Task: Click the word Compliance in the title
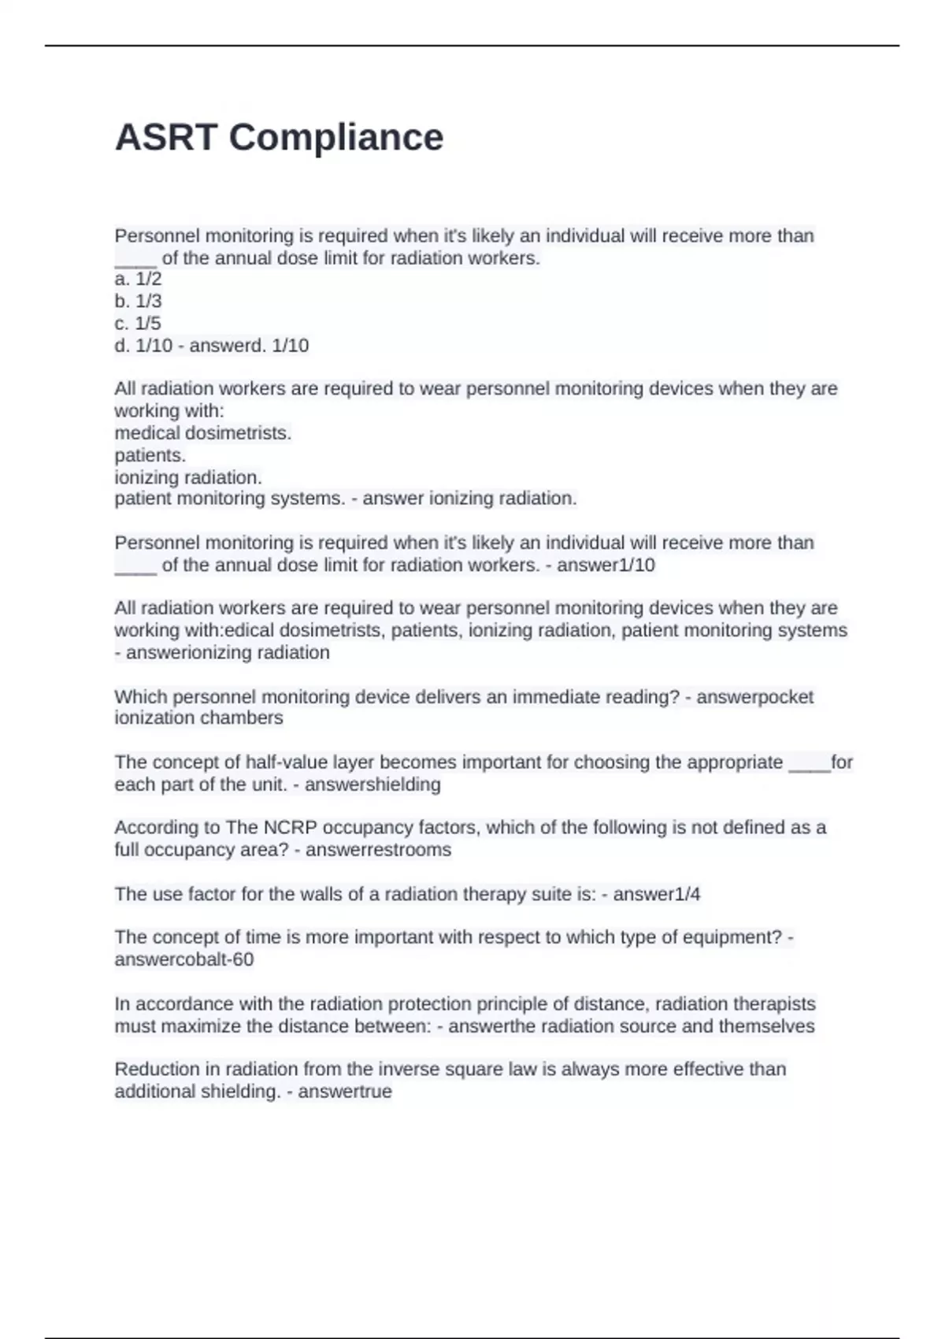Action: tap(336, 138)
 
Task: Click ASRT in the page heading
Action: tap(166, 138)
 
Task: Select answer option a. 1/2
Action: tap(138, 279)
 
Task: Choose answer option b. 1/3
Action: tap(138, 301)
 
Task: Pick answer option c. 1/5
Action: tap(138, 323)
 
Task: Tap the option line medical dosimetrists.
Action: tap(203, 432)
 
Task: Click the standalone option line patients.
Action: tap(150, 454)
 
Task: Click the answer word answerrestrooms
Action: tap(378, 850)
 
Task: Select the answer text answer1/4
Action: tap(657, 894)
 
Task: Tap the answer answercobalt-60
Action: tap(184, 959)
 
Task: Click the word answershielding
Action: tap(372, 784)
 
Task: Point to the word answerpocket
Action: tap(754, 696)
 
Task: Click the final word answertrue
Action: tap(344, 1092)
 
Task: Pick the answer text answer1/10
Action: tap(606, 565)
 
